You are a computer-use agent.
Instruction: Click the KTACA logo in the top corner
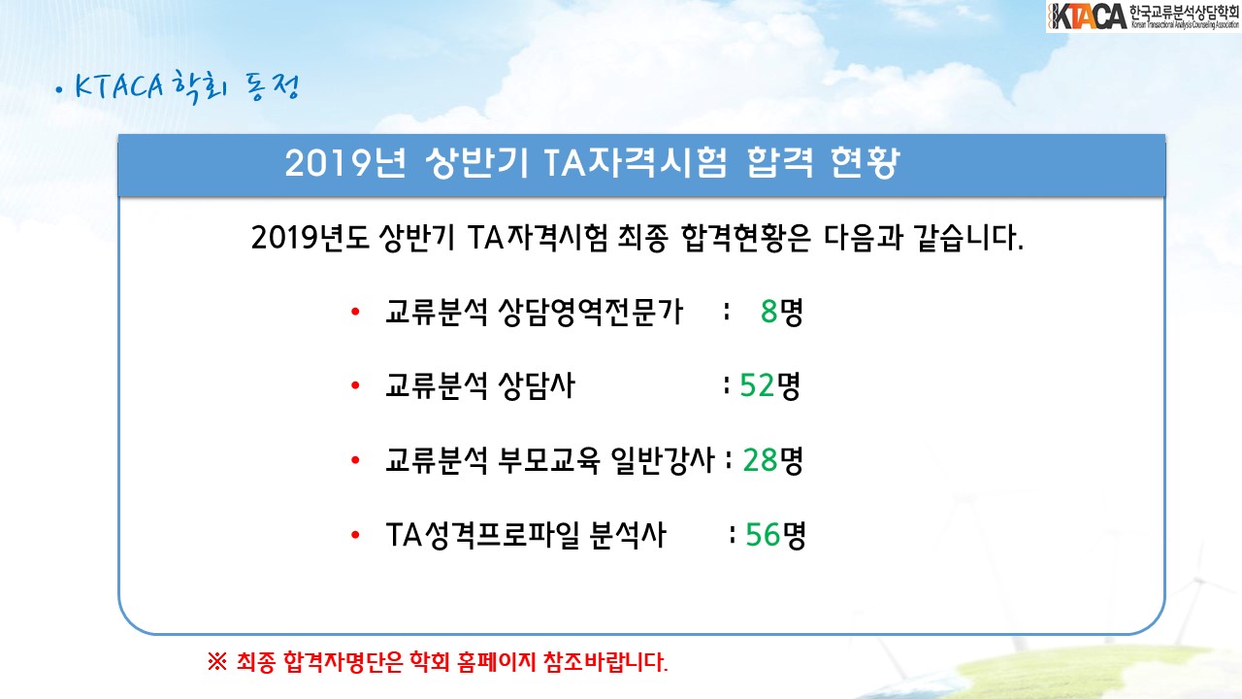pyautogui.click(x=1143, y=17)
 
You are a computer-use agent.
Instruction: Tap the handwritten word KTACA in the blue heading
pyautogui.click(x=119, y=86)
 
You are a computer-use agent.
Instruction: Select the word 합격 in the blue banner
pyautogui.click(x=780, y=163)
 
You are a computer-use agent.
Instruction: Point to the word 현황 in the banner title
pyautogui.click(x=865, y=163)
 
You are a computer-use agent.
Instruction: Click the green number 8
pyautogui.click(x=769, y=312)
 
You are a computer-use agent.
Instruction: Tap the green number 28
pyautogui.click(x=760, y=460)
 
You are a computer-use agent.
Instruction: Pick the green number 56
pyautogui.click(x=763, y=535)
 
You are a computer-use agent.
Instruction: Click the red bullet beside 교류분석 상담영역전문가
pyautogui.click(x=355, y=312)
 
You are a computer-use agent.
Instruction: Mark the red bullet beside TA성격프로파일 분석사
pyautogui.click(x=355, y=535)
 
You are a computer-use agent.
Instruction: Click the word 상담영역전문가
pyautogui.click(x=591, y=312)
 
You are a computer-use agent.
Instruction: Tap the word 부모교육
pyautogui.click(x=549, y=460)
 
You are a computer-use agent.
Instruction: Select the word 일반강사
pyautogui.click(x=663, y=460)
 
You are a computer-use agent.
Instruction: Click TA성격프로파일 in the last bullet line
pyautogui.click(x=482, y=535)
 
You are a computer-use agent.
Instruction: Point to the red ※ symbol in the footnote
pyautogui.click(x=217, y=661)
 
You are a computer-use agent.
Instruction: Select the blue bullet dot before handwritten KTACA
pyautogui.click(x=59, y=90)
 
